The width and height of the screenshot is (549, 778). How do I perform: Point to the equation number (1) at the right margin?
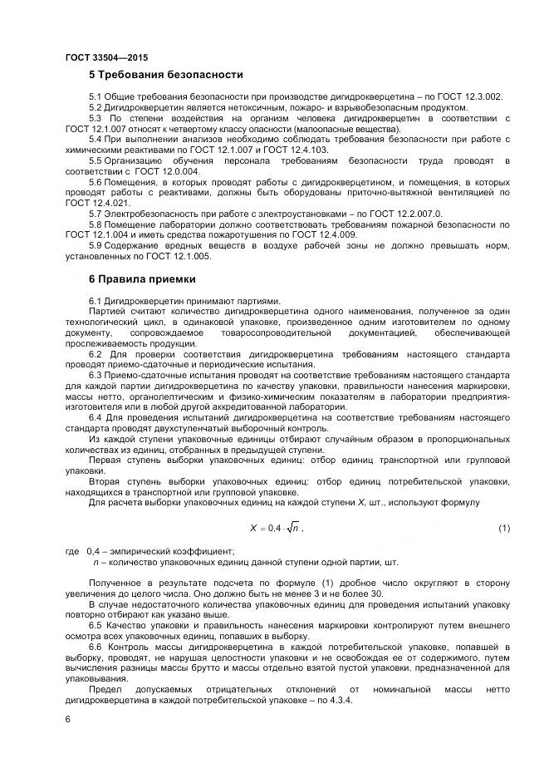pos(503,528)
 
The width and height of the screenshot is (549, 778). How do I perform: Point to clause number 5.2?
pos(96,108)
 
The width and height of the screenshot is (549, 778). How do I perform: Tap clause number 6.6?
pos(96,645)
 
